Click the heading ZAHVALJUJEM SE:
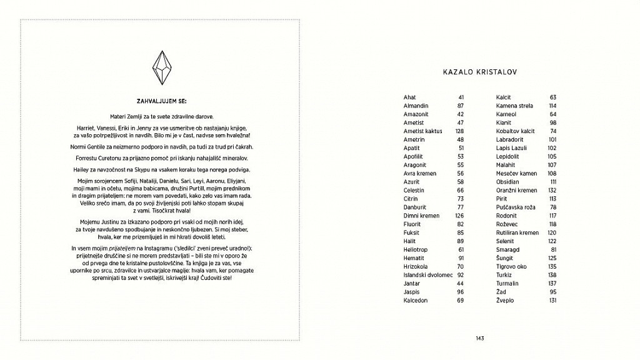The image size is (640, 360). pyautogui.click(x=161, y=101)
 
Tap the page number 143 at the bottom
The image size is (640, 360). pyautogui.click(x=480, y=338)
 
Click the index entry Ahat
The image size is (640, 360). pyautogui.click(x=410, y=97)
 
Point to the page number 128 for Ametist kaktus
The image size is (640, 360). pyautogui.click(x=459, y=131)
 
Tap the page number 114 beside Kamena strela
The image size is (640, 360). pyautogui.click(x=552, y=106)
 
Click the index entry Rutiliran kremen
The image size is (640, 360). pyautogui.click(x=517, y=232)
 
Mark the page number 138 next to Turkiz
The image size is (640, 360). pyautogui.click(x=552, y=274)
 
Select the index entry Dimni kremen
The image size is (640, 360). pyautogui.click(x=421, y=216)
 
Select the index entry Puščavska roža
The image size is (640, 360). pyautogui.click(x=514, y=207)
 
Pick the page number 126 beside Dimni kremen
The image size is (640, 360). pyautogui.click(x=459, y=216)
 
